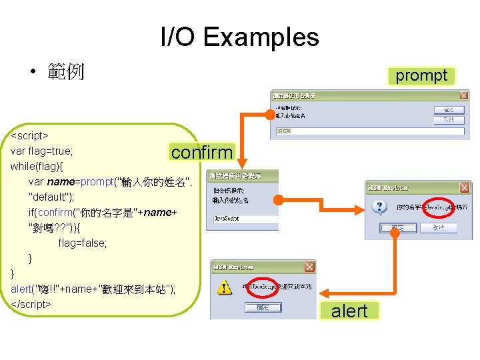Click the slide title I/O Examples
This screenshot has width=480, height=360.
tap(240, 37)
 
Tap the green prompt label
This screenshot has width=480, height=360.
tap(421, 75)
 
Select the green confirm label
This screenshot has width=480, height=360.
tap(201, 152)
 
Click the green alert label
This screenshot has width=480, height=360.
tap(349, 311)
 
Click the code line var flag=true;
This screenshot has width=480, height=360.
tap(42, 151)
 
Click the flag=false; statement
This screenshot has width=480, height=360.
tap(83, 243)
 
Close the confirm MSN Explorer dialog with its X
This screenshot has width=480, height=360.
tap(464, 187)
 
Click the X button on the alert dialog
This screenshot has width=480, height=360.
tap(309, 267)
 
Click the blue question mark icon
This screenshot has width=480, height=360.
tap(380, 207)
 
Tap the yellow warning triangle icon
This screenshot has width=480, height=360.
tap(225, 287)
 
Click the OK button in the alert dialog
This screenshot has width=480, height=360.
tap(257, 307)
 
